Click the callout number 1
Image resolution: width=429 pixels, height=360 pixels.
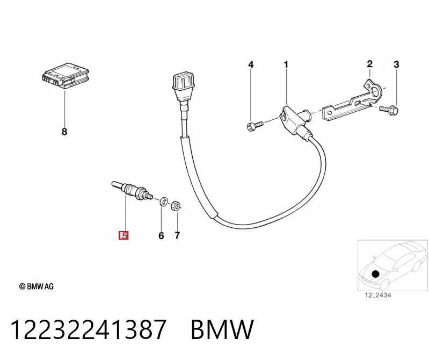click(286, 65)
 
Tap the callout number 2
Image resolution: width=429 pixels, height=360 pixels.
click(369, 64)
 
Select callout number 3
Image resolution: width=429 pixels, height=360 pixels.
click(396, 64)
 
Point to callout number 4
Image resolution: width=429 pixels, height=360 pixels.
click(251, 64)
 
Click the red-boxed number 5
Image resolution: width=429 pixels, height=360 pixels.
click(123, 235)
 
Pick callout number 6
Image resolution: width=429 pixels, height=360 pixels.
click(161, 235)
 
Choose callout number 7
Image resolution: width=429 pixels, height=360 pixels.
click(177, 235)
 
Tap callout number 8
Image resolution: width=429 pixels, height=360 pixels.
click(64, 132)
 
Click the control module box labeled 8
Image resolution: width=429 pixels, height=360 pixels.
click(66, 75)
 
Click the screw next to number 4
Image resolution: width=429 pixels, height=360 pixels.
click(255, 126)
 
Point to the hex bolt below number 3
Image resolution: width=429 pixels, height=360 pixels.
click(389, 110)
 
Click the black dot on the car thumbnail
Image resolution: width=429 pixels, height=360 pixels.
click(376, 273)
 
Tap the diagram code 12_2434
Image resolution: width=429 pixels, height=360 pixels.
click(378, 295)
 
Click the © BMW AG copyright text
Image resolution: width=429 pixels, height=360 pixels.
click(37, 286)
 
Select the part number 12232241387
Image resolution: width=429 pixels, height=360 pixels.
click(89, 329)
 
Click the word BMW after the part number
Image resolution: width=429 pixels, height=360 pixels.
click(222, 329)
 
